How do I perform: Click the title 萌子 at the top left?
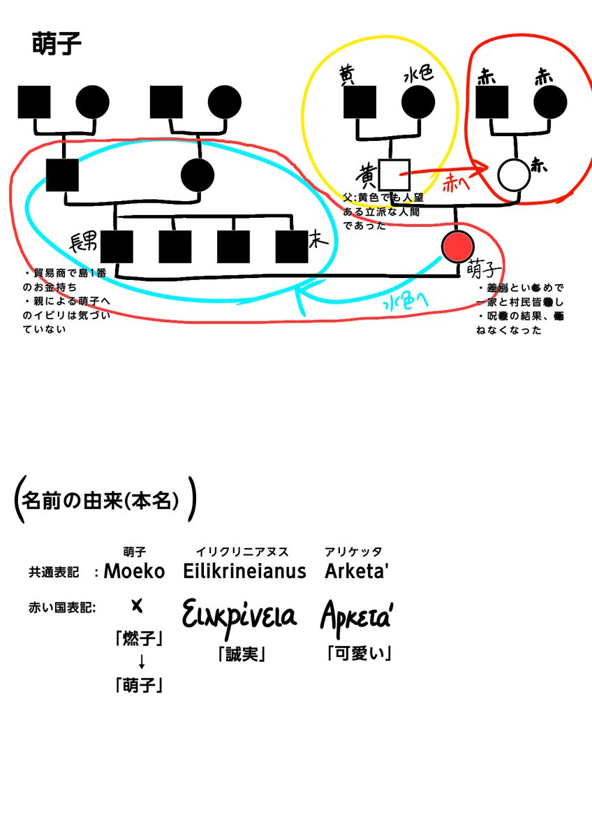click(x=57, y=44)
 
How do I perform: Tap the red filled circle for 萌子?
click(x=458, y=246)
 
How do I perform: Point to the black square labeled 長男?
click(x=117, y=247)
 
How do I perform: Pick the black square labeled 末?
click(x=292, y=247)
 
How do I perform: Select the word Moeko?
click(x=134, y=571)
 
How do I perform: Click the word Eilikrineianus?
click(x=244, y=571)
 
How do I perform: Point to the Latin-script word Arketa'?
click(x=356, y=571)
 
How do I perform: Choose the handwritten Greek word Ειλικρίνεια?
click(x=239, y=616)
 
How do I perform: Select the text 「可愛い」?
click(x=358, y=654)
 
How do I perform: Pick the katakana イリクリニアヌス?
click(x=242, y=552)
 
